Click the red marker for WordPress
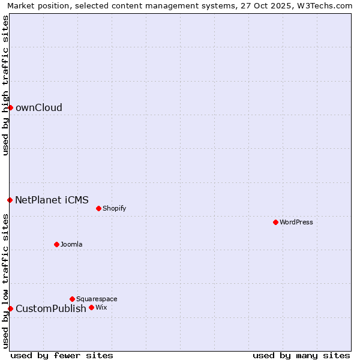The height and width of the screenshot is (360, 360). pos(275,222)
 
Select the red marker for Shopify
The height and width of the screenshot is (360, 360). pos(98,208)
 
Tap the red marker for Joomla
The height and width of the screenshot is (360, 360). pos(56,244)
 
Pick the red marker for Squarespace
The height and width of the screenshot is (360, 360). pos(72,299)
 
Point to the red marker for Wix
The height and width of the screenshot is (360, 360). pos(91,307)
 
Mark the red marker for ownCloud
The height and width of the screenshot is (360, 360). pos(10,107)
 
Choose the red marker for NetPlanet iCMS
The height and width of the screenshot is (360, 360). pos(10,200)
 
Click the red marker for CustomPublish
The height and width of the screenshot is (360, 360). pos(10,308)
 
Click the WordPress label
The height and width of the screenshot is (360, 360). pos(296,223)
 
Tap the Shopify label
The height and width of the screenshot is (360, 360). pos(114,209)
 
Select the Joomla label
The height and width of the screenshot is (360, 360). pos(71,245)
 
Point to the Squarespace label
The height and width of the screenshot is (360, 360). pos(97,299)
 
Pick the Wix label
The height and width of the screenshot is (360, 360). pos(101,308)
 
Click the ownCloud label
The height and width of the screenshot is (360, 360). pos(39,108)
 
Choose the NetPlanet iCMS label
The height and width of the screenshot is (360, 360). pos(52,200)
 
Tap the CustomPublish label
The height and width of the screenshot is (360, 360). pos(51,309)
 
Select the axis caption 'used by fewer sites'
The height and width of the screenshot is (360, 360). pos(62,355)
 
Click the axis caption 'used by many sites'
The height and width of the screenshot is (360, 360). pos(301,355)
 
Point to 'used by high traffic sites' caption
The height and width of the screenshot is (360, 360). pos(6,85)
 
